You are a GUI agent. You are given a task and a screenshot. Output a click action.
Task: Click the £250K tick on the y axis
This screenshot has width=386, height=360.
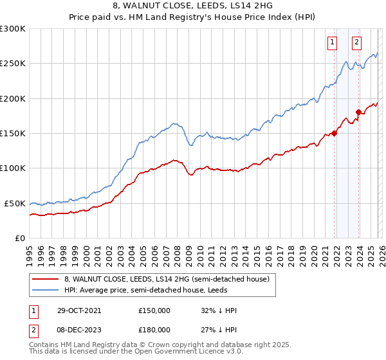pos(13,64)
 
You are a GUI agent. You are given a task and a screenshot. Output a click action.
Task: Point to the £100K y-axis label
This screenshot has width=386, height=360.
pos(13,168)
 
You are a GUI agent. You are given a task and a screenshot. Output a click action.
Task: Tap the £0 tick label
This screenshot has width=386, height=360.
pos(19,238)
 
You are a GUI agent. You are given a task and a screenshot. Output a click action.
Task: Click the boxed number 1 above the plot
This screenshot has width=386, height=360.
pos(332,43)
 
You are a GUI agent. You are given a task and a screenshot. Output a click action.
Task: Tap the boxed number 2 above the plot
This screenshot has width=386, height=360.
pos(356,43)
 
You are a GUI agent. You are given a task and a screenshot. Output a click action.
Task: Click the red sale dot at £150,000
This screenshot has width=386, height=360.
pos(334,134)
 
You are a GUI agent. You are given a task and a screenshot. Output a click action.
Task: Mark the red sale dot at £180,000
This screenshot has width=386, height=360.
pos(358,113)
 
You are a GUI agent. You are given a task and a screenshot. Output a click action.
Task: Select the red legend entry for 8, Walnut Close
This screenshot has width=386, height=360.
pos(170,278)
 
